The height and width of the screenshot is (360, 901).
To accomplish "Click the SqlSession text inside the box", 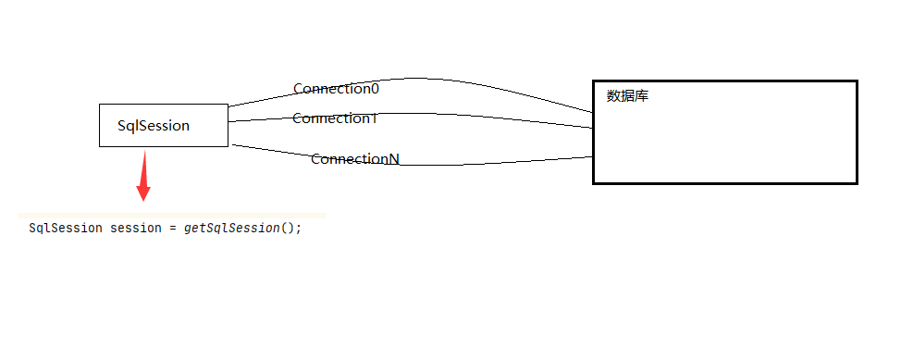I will click(x=154, y=126).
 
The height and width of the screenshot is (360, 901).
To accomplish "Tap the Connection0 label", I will click(x=336, y=89).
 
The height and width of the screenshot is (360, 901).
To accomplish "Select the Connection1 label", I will click(x=335, y=118).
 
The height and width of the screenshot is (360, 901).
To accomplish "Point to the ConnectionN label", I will click(x=354, y=159).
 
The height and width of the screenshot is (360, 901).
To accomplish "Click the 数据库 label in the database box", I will click(x=627, y=95).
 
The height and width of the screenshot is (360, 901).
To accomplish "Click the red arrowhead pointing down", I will click(x=143, y=192).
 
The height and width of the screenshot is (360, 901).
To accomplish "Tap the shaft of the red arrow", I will click(x=143, y=167).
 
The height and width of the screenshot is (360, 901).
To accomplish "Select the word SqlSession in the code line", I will click(x=65, y=228).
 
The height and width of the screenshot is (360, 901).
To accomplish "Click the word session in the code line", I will click(x=136, y=228).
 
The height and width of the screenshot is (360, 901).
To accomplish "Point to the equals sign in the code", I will click(x=173, y=228).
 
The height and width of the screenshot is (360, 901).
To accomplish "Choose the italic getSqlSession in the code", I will click(x=231, y=228).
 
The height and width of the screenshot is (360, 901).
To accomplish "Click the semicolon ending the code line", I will click(x=299, y=228).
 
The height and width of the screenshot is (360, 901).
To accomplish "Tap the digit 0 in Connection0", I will click(x=375, y=89).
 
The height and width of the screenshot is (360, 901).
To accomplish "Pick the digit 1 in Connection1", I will click(x=374, y=118).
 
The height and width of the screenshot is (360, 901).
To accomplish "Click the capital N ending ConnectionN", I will click(x=393, y=159).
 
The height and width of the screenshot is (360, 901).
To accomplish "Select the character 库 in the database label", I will click(x=642, y=95).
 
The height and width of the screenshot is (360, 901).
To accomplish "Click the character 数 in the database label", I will click(x=613, y=95).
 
